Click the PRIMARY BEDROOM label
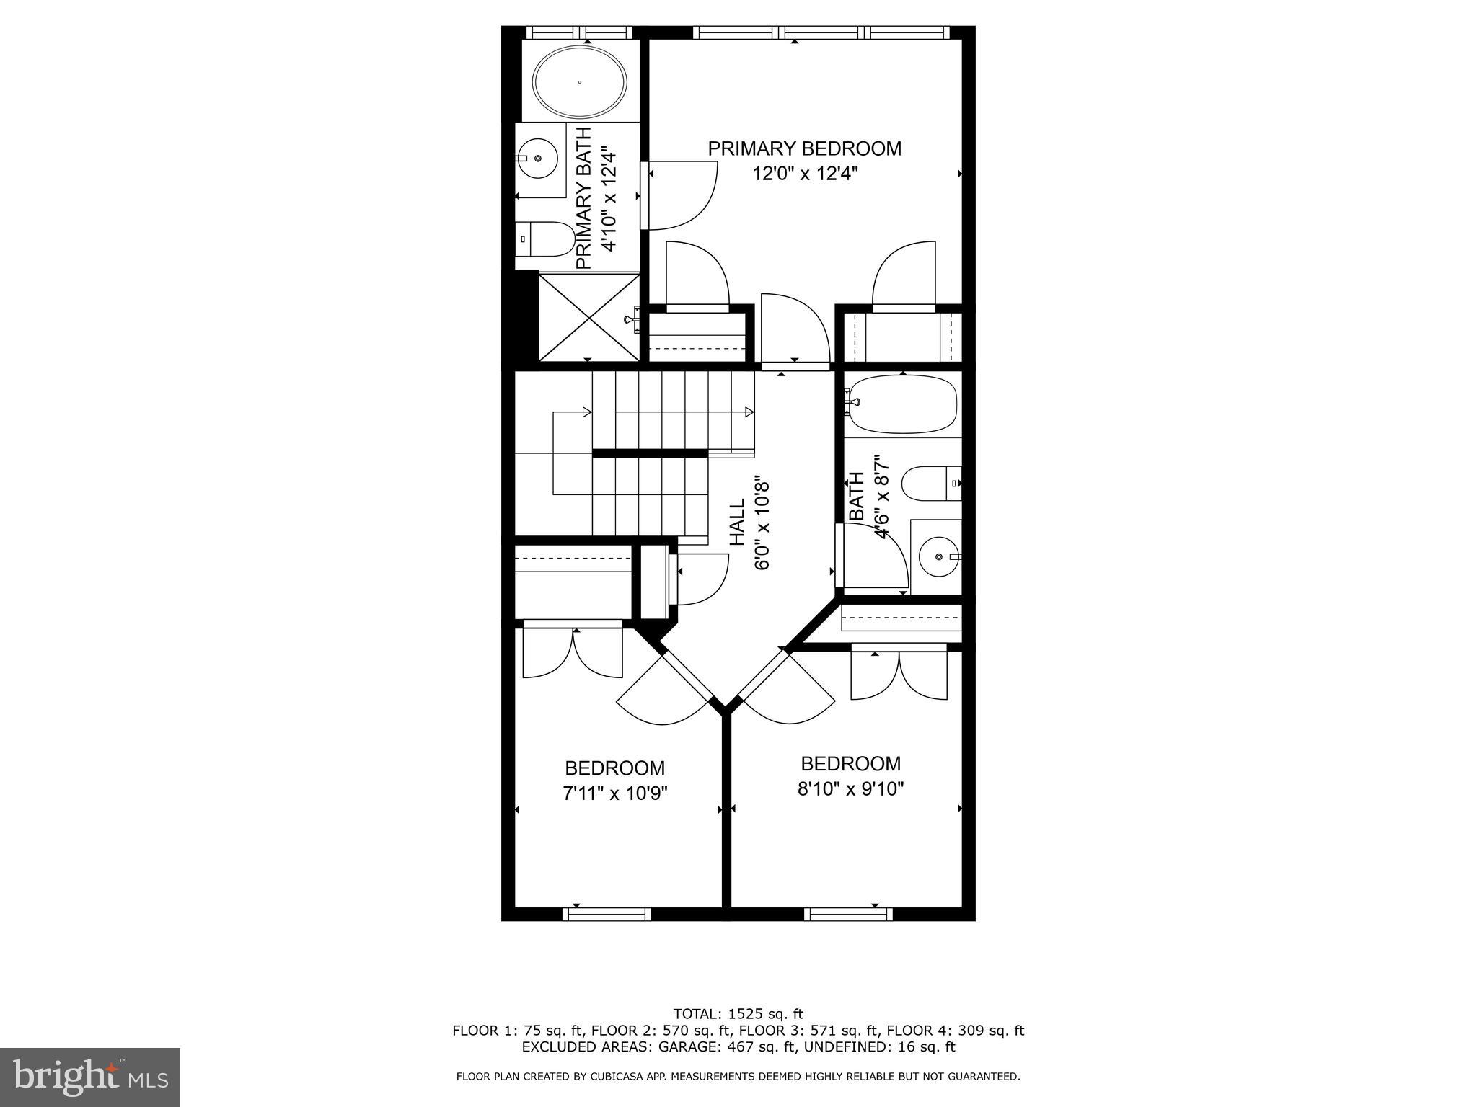point(804,148)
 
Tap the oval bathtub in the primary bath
point(579,82)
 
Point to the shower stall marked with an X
point(588,317)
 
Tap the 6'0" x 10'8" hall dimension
point(762,523)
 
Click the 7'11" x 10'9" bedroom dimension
point(614,793)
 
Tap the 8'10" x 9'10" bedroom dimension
point(850,789)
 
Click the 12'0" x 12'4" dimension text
point(804,174)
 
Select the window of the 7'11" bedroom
point(606,914)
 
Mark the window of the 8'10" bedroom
point(848,914)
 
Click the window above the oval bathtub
point(578,32)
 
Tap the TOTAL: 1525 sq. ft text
point(738,1014)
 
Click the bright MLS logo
point(90,1077)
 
